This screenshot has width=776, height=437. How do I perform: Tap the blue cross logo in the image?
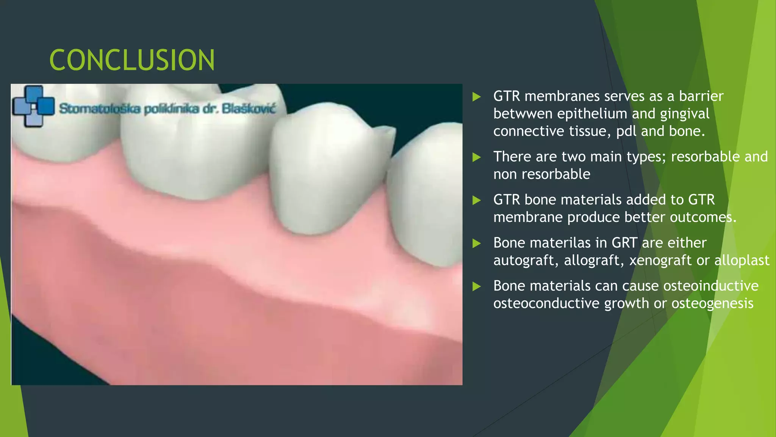(x=33, y=106)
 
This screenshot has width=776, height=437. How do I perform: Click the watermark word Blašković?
(x=249, y=108)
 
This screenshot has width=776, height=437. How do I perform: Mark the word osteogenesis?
(x=712, y=303)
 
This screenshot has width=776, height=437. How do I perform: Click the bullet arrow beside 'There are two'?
(x=477, y=157)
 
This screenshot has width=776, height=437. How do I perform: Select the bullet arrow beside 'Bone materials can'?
(x=477, y=286)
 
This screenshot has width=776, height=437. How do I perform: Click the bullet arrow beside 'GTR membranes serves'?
(x=477, y=96)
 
